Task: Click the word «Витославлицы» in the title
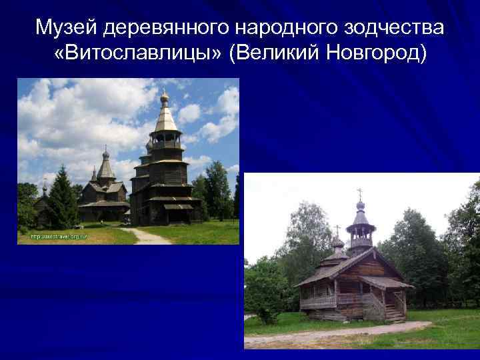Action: click(x=137, y=53)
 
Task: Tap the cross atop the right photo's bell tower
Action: click(x=360, y=193)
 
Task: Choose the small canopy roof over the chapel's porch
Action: click(x=387, y=283)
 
